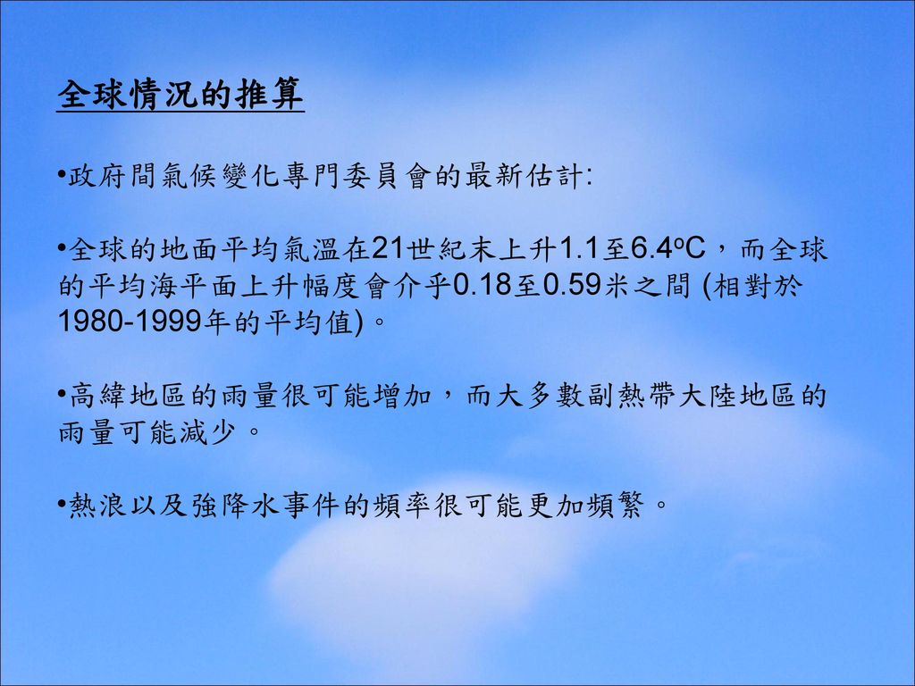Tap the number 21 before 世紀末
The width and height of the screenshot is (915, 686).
point(387,249)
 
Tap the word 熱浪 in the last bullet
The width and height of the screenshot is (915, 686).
point(98,505)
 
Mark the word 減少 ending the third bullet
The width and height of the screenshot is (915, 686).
point(208,432)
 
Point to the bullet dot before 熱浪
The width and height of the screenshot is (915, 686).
point(62,503)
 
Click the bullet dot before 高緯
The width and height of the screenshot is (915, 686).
point(62,394)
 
